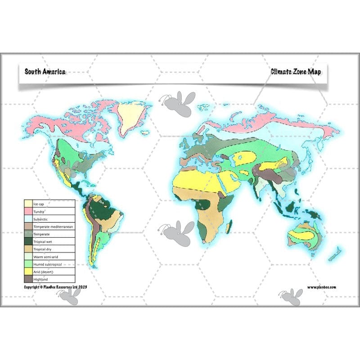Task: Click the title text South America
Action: tap(45, 72)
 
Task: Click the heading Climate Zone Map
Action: tap(296, 72)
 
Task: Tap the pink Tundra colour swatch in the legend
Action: tap(28, 211)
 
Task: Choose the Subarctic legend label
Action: tap(42, 219)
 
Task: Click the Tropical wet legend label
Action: tap(43, 242)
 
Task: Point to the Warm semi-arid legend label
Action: tap(45, 256)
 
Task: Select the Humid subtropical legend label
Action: tap(47, 264)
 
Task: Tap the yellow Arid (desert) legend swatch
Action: tap(28, 272)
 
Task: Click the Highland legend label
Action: tap(41, 279)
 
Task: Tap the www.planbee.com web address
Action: tap(322, 287)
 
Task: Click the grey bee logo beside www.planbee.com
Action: tap(290, 297)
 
